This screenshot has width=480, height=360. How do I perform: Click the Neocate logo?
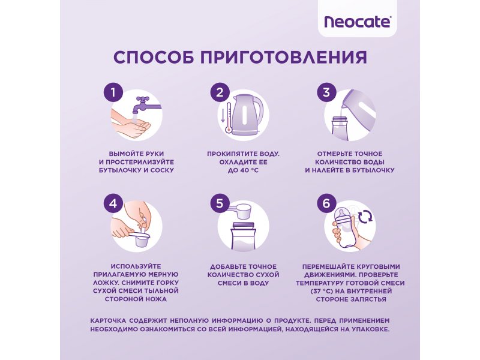pyautogui.click(x=357, y=22)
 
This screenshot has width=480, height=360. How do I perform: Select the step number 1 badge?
pyautogui.click(x=113, y=92)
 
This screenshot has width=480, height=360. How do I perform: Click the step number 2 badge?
pyautogui.click(x=220, y=92)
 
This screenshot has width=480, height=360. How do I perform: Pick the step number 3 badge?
pyautogui.click(x=326, y=92)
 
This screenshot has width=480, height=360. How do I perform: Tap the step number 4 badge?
pyautogui.click(x=113, y=203)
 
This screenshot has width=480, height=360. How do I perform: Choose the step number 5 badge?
pyautogui.click(x=220, y=203)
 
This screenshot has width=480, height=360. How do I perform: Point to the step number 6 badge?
pyautogui.click(x=326, y=203)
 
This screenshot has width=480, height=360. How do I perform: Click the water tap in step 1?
pyautogui.click(x=146, y=105)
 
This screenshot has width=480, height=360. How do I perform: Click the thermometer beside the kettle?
pyautogui.click(x=228, y=118)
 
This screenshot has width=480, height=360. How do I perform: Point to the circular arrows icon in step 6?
pyautogui.click(x=365, y=217)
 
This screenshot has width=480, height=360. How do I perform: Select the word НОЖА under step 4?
pyautogui.click(x=156, y=299)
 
